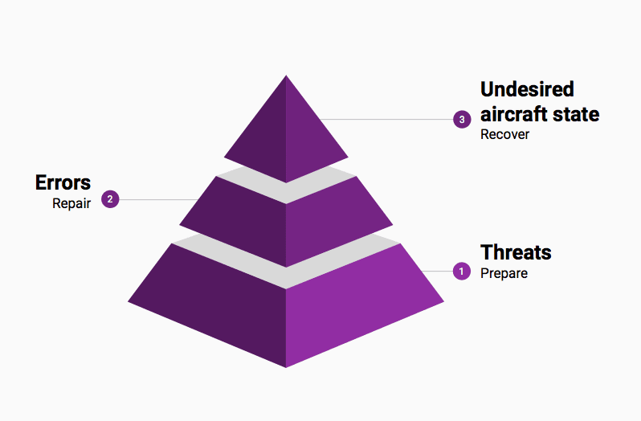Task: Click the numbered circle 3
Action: [x=462, y=120]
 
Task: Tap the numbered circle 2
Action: [x=110, y=199]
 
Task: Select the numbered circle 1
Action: [x=462, y=271]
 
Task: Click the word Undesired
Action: [x=527, y=89]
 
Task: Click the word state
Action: [x=576, y=114]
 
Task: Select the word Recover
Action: [x=504, y=134]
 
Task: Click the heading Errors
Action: [x=63, y=182]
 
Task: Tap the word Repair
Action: [x=71, y=203]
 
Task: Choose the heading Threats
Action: [x=516, y=252]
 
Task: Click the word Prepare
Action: [x=504, y=273]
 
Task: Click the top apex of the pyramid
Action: [x=286, y=76]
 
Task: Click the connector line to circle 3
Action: [x=386, y=120]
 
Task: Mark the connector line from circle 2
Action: [x=158, y=199]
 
